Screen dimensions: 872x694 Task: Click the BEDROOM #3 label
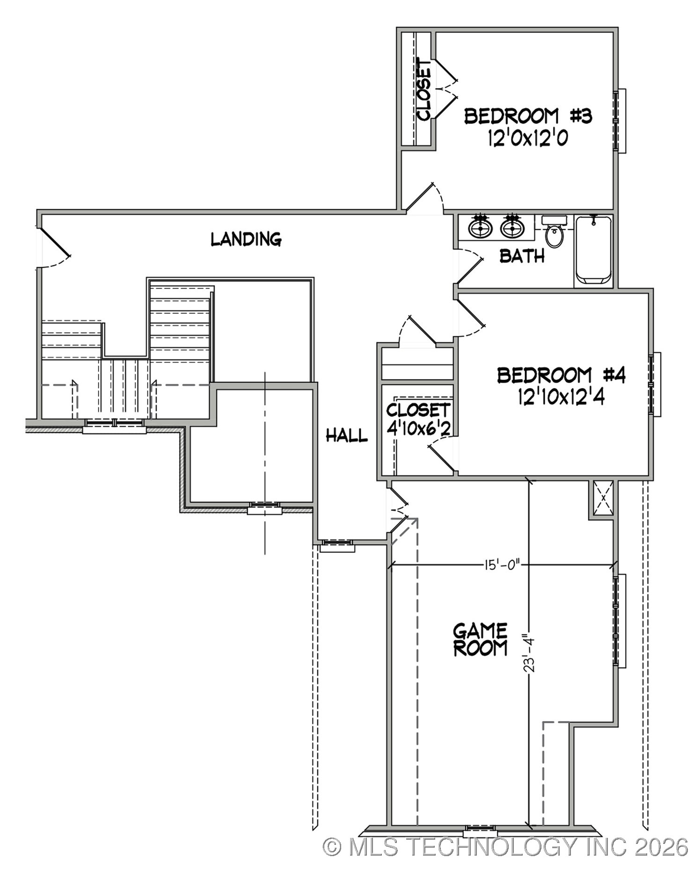528,116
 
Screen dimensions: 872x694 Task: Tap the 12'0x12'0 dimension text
528,139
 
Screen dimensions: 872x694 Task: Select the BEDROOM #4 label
561,375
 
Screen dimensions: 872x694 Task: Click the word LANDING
246,239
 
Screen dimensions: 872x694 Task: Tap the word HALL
346,436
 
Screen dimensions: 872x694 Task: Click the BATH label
522,256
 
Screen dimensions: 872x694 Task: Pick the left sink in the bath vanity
481,228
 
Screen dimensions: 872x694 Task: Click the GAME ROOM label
480,640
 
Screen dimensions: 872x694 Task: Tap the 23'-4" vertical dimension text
529,653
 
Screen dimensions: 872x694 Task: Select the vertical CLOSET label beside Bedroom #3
424,89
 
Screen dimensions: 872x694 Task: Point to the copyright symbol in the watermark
332,847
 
